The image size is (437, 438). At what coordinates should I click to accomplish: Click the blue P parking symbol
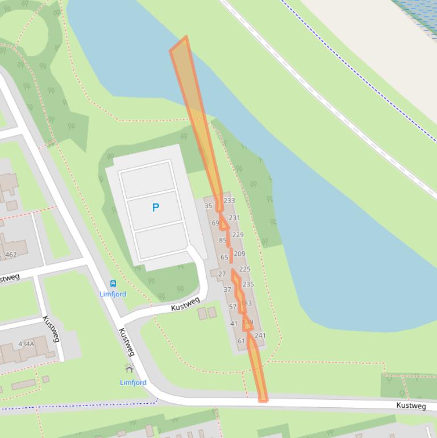coord(156,208)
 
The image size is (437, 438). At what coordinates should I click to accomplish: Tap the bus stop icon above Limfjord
coord(113,284)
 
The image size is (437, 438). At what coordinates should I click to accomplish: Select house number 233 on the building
coord(229,200)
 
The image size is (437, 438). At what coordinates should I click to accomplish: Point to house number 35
coord(208,206)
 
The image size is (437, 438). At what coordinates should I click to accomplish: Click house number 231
coord(234,218)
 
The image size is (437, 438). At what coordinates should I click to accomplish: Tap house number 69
coord(215,223)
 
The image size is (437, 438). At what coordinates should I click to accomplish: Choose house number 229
coord(238,235)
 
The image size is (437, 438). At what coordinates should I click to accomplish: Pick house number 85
coord(223,241)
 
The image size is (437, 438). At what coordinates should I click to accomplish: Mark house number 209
coord(239,254)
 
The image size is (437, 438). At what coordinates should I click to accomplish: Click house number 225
coord(244,269)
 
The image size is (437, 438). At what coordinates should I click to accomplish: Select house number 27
coord(222,274)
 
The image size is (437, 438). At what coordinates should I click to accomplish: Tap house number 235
coord(248,284)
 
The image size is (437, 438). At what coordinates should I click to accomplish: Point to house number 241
coord(260,336)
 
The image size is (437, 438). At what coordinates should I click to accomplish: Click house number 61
coord(241,341)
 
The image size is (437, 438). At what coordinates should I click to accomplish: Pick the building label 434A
coord(26,344)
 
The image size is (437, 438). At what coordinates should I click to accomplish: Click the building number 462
coord(11,255)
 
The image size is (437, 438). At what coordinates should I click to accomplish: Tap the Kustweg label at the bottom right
coord(411,406)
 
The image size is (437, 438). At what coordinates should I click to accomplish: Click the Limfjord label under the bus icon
coord(113,294)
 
